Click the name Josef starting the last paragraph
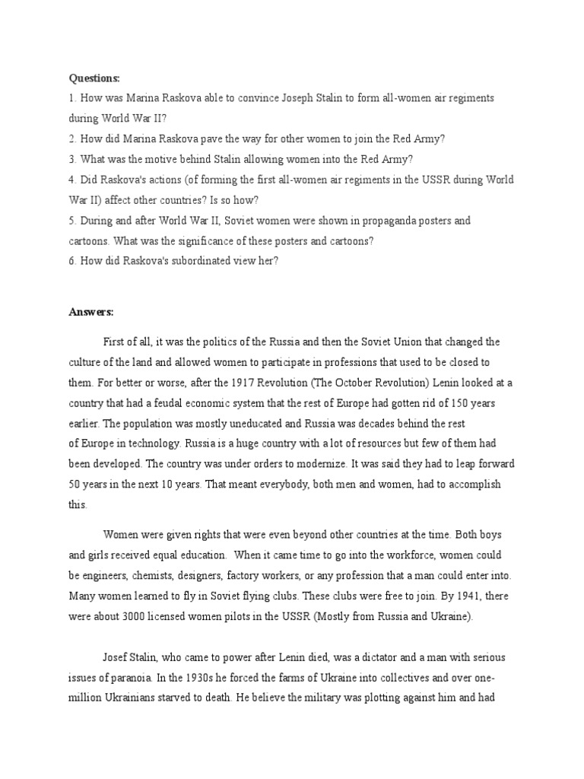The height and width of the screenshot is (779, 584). [x=118, y=657]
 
